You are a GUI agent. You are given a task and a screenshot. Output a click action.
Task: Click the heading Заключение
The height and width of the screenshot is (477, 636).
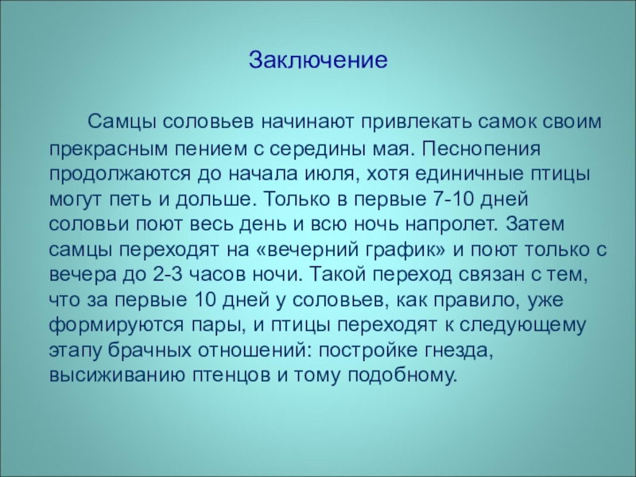tap(317, 60)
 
